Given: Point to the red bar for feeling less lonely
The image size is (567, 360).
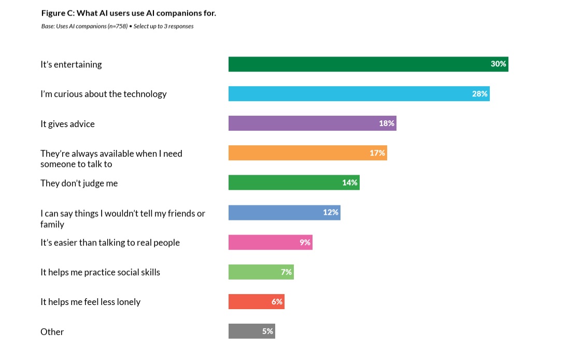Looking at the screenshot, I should tap(249, 301).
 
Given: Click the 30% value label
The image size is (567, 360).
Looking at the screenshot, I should tap(498, 64).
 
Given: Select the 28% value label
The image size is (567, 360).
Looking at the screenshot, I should tap(479, 94).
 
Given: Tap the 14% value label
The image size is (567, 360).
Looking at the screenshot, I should tap(349, 183).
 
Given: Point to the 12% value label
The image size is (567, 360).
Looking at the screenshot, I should tap(330, 212).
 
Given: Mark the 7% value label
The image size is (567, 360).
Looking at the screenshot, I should tap(286, 272).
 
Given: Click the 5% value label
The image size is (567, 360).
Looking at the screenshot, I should tap(267, 331).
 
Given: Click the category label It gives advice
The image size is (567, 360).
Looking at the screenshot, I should tap(67, 124).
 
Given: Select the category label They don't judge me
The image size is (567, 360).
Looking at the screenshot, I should tap(79, 183).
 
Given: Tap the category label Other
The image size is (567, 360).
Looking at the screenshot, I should tap(52, 332).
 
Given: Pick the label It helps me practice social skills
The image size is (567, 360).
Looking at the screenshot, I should tap(100, 272).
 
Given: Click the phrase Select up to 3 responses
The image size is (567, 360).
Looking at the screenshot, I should tap(163, 26).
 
